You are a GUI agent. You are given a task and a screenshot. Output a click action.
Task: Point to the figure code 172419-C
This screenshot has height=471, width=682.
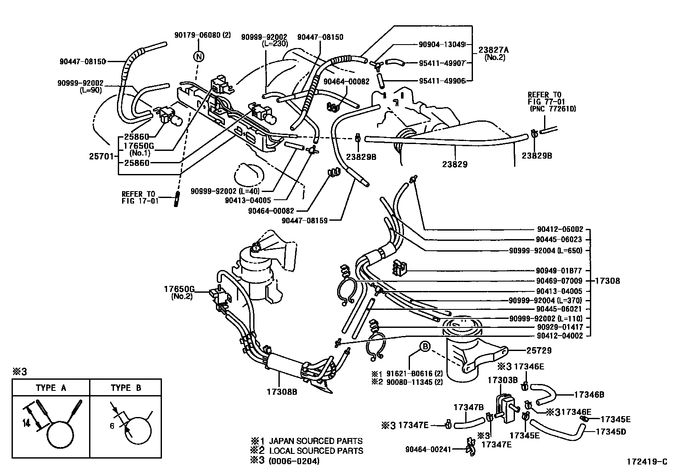647,462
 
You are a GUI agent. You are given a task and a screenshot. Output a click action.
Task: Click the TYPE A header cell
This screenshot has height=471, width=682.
51,388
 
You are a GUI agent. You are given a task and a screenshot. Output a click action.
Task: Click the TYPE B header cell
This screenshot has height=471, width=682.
126,388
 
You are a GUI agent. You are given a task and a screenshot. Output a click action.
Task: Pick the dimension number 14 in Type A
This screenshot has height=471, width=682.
27,423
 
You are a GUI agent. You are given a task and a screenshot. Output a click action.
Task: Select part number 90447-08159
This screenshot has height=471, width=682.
305,220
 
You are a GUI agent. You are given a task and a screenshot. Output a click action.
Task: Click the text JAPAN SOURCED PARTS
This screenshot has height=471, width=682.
316,441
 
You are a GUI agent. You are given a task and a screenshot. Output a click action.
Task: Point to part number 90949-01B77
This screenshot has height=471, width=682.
559,271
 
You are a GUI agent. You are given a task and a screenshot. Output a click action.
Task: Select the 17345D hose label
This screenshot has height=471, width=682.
610,432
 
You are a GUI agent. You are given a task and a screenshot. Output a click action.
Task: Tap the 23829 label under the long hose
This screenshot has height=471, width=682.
455,164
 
